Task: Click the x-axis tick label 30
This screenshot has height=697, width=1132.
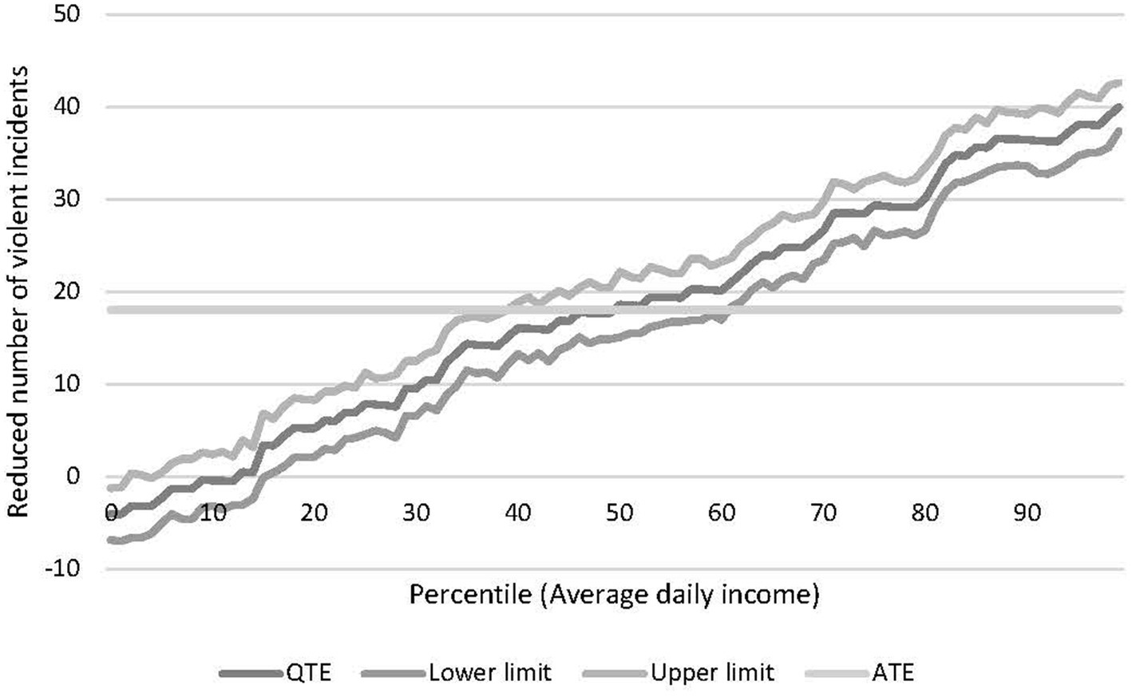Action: (416, 513)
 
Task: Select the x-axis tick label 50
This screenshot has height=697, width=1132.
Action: (619, 513)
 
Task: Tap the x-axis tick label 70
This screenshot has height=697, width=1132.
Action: (823, 513)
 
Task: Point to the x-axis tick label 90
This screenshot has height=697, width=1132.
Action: (1027, 513)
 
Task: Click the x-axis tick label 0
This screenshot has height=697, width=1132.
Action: (112, 513)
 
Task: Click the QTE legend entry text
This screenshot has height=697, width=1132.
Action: (307, 672)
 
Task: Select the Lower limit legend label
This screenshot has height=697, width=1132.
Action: (489, 672)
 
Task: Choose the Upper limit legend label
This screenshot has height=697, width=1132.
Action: (712, 672)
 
